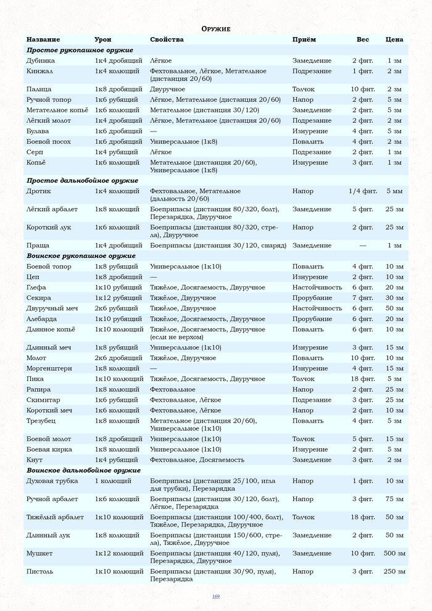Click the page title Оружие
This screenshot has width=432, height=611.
point(216,29)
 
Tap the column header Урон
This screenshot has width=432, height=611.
point(103,39)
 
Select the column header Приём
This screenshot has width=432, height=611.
point(304,39)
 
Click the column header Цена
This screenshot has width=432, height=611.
point(394,39)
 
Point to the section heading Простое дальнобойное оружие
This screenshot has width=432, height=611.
point(82,180)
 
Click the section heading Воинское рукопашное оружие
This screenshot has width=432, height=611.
point(81,256)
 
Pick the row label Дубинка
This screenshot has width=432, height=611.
point(41,60)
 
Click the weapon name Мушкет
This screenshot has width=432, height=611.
point(39,553)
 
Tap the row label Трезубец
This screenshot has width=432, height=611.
point(42,421)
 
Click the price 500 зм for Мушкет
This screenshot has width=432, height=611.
point(394,553)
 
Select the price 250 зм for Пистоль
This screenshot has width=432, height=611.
point(394,572)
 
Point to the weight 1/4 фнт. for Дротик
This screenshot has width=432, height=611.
point(363,191)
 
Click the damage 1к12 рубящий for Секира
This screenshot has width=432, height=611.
point(118,297)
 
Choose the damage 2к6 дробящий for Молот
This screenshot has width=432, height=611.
point(118,358)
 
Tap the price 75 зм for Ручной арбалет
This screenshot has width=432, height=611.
point(394,499)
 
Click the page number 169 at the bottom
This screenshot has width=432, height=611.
point(216,596)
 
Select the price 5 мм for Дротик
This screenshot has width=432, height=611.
point(394,191)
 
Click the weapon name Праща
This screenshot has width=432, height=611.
point(38,245)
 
